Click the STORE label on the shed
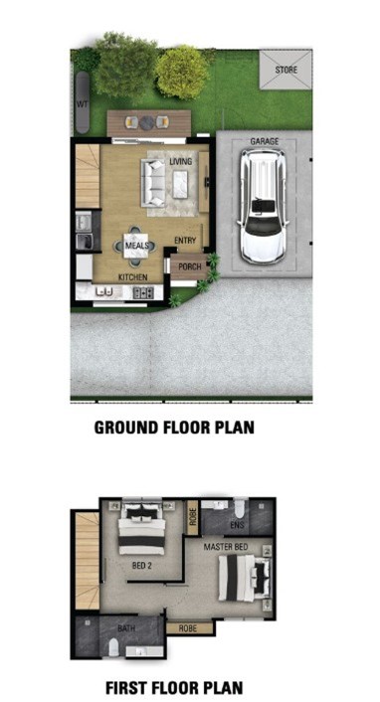pyautogui.click(x=285, y=70)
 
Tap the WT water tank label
pyautogui.click(x=82, y=104)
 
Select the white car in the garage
pyautogui.click(x=263, y=207)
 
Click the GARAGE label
pyautogui.click(x=264, y=141)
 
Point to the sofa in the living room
pyautogui.click(x=153, y=183)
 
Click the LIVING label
pyautogui.click(x=181, y=161)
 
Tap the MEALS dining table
pyautogui.click(x=136, y=246)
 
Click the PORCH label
pyautogui.click(x=190, y=266)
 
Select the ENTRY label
pyautogui.click(x=185, y=241)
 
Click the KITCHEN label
pyautogui.click(x=132, y=277)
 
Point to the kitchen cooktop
pyautogui.click(x=143, y=292)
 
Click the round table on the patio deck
pyautogui.click(x=147, y=122)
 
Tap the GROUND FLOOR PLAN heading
pyautogui.click(x=174, y=428)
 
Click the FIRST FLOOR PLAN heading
pyautogui.click(x=174, y=687)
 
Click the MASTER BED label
pyautogui.click(x=226, y=547)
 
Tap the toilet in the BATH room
pyautogui.click(x=114, y=647)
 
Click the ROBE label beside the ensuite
pyautogui.click(x=193, y=517)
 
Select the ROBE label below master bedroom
pyautogui.click(x=188, y=628)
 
